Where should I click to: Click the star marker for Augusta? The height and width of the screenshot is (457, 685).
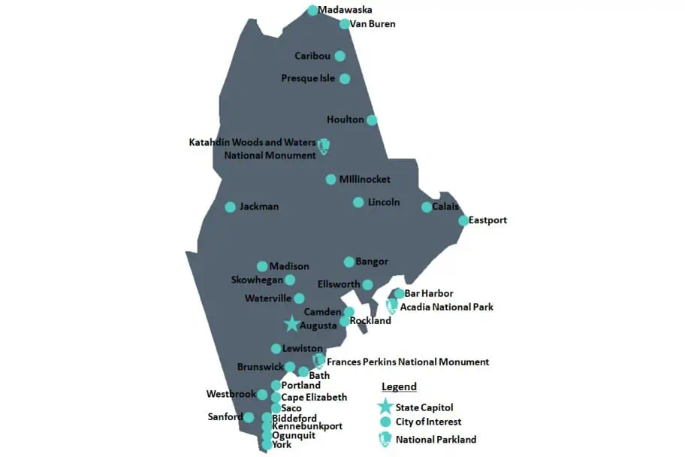point(292,324)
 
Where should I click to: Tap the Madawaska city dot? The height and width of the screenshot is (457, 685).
point(312,11)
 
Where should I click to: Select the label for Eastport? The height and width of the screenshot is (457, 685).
point(487,220)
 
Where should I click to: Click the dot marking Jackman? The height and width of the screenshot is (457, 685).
point(231,207)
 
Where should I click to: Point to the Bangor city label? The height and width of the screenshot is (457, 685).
point(372,262)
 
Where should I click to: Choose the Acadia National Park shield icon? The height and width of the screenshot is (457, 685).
point(391,306)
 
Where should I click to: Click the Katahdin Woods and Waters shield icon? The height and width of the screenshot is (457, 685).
point(324,147)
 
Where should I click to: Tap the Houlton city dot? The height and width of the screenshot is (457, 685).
point(372,120)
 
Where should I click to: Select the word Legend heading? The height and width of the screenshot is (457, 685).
point(399,386)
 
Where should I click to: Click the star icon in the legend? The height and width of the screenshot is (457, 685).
point(385,407)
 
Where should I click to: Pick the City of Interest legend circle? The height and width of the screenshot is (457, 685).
point(385,422)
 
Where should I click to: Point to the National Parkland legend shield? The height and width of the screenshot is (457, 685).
point(385,439)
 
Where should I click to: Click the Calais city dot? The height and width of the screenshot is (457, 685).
point(427,207)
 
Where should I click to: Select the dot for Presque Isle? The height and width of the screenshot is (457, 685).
point(345,78)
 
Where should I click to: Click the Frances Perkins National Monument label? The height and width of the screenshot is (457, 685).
point(408,362)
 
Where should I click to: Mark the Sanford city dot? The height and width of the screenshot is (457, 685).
point(249,417)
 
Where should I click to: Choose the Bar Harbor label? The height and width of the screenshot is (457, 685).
point(429,293)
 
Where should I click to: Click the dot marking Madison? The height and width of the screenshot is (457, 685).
point(262,266)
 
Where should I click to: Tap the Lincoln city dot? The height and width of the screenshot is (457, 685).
point(358,202)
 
